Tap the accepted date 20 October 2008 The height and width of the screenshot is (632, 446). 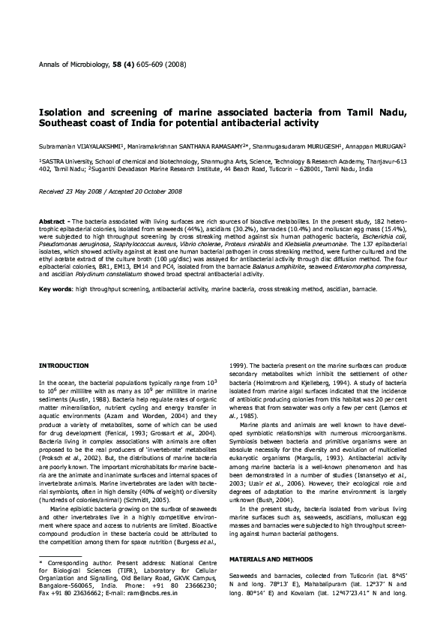click(x=157, y=191)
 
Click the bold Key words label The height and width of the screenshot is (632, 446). click(x=55, y=288)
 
